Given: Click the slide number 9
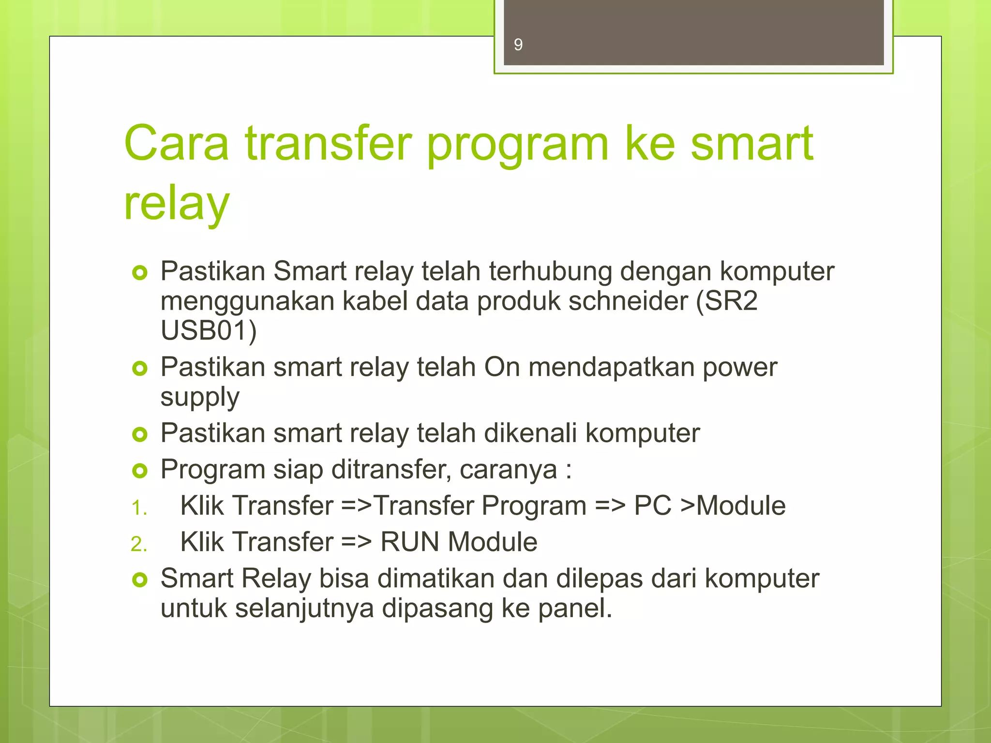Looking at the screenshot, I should pos(518,45).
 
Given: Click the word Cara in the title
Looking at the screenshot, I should pos(176,143).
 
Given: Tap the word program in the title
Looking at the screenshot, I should pos(517,145).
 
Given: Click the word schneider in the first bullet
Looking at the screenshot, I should pos(628,301).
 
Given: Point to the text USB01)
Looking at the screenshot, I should pos(209,331).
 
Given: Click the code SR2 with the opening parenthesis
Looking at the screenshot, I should pos(726,301).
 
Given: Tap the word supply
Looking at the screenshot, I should pos(200,398).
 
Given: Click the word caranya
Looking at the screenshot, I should pos(508,470).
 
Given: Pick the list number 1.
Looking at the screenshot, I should pos(139,508).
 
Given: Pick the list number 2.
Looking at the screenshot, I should pos(139,544).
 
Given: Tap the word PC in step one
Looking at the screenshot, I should pos(652,506).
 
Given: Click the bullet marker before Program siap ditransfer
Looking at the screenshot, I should pos(140,471).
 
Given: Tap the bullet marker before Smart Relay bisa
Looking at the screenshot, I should pos(140,580).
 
